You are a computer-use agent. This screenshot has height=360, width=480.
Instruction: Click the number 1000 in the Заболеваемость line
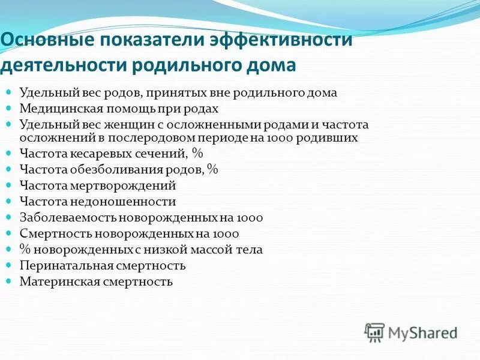[x=249, y=218]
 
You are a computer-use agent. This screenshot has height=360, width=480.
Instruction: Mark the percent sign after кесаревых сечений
[x=197, y=154]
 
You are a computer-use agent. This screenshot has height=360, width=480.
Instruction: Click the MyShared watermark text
[x=423, y=332]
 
